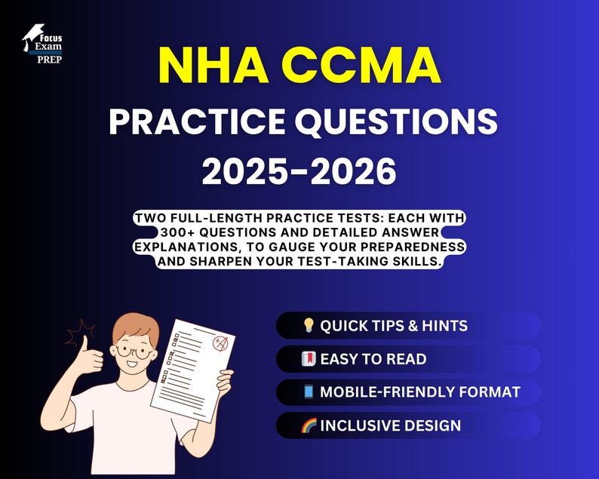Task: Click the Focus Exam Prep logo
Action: coord(42,43)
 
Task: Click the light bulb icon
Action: coord(308,326)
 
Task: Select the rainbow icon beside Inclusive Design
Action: coord(309,425)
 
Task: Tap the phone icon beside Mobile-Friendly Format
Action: coord(308,392)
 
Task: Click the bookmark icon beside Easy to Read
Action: coord(308,359)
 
